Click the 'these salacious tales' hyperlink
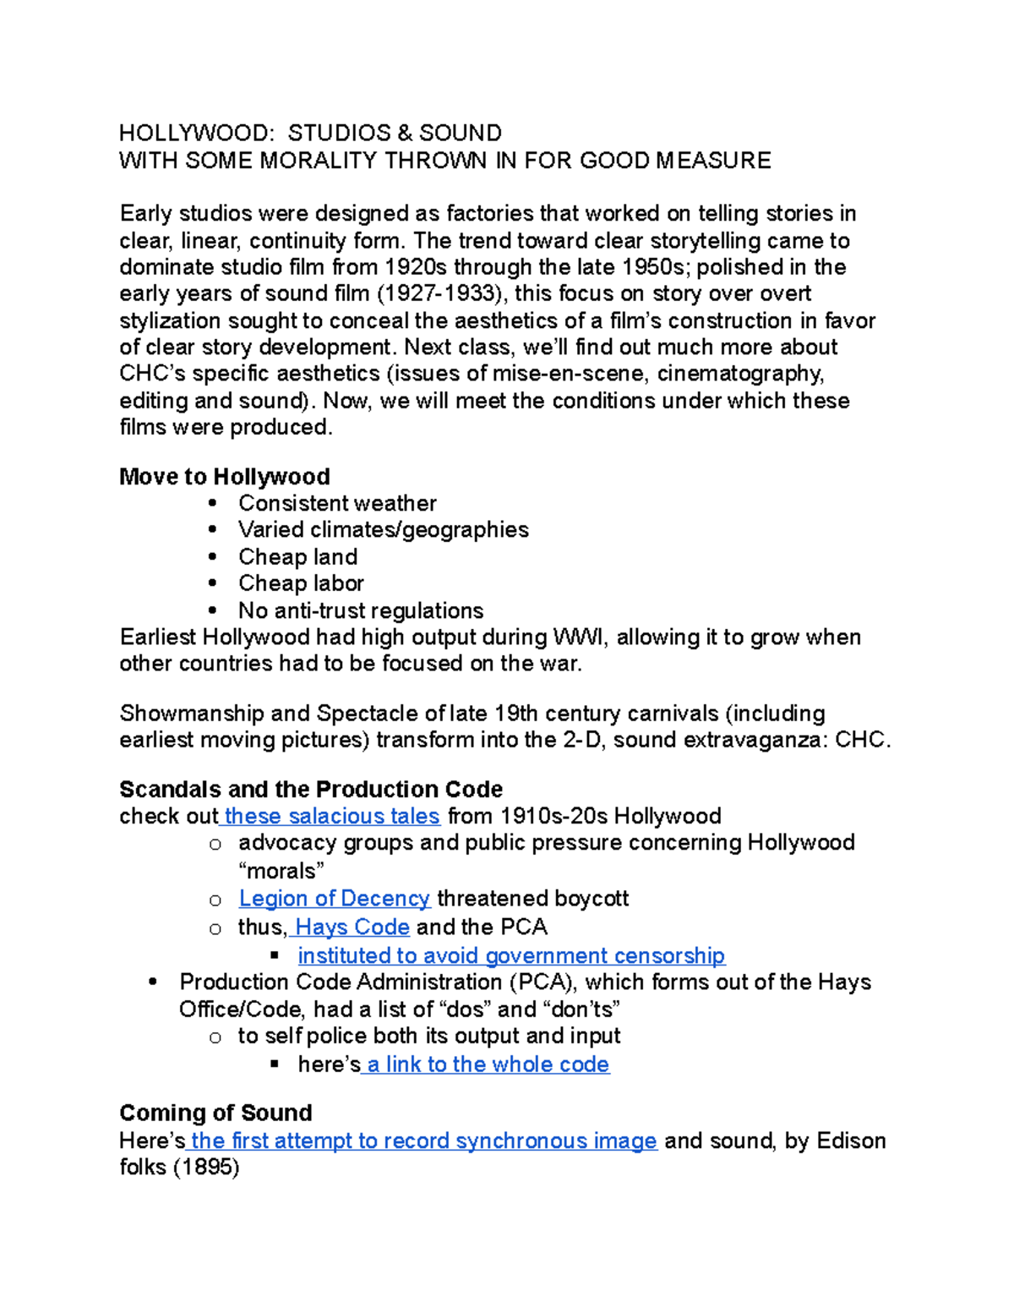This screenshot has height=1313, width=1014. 332,816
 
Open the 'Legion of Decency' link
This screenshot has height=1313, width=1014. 335,898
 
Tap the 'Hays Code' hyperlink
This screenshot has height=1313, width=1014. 352,927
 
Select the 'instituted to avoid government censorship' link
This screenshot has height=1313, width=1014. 511,955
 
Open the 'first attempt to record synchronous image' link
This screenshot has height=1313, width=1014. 423,1141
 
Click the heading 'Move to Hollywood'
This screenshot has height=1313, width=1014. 225,477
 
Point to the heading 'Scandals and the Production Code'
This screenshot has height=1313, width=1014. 311,790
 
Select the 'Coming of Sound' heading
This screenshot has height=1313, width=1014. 215,1113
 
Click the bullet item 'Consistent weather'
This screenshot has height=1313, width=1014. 337,503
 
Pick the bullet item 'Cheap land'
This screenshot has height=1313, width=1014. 297,556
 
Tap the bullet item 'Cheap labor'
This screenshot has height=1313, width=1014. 301,583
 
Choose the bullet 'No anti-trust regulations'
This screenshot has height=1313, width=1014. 361,610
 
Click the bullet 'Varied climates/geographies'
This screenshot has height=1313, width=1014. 383,529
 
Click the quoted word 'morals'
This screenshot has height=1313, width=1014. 281,871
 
